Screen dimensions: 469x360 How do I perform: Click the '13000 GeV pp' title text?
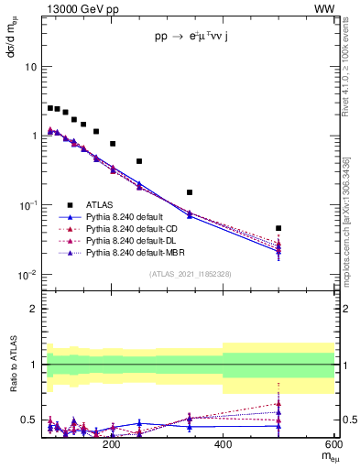coord(80,8)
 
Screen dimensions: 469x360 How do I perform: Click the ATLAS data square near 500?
coord(278,228)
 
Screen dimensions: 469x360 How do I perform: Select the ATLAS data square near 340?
coord(190,192)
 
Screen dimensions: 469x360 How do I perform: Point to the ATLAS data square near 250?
coord(139,161)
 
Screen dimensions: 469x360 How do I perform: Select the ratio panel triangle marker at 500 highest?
coord(278,403)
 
